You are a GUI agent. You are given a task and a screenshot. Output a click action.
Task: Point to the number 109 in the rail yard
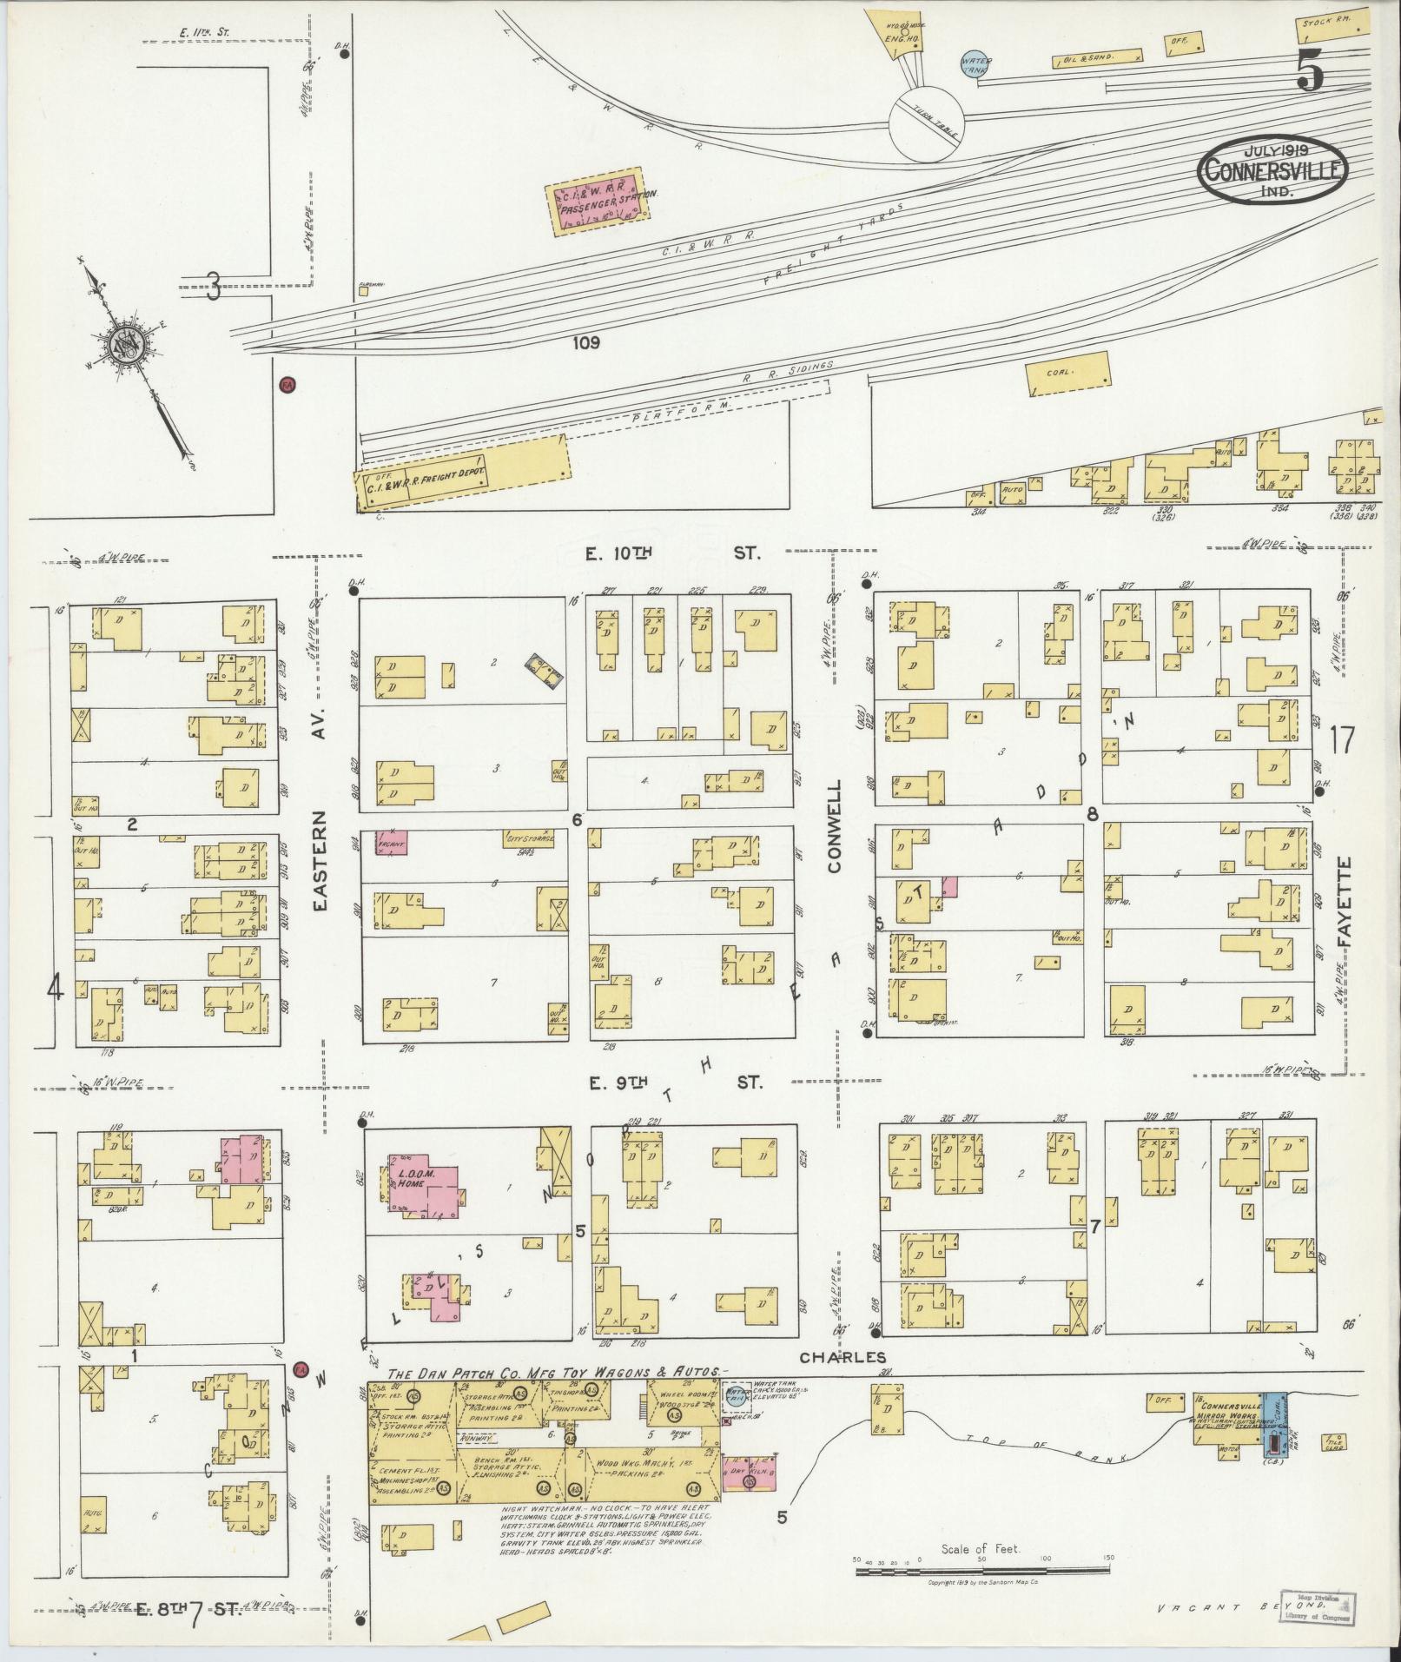[586, 343]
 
